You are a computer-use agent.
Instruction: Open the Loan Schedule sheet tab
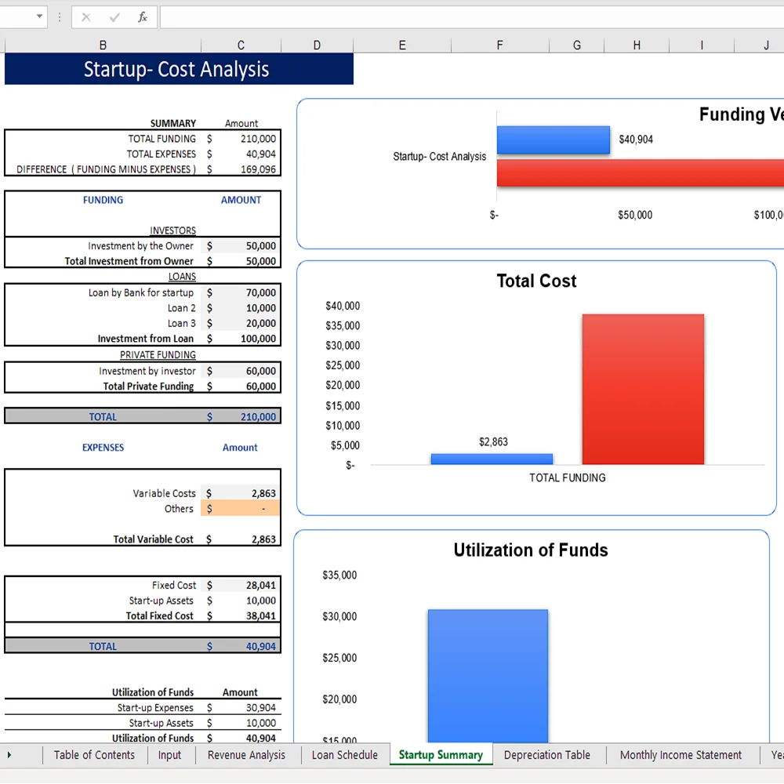[x=344, y=755]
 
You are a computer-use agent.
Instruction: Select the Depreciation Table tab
[x=546, y=755]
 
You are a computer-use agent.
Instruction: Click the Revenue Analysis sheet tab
[x=246, y=755]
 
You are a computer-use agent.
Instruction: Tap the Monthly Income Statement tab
[x=680, y=755]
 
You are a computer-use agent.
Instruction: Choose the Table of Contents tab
[x=94, y=755]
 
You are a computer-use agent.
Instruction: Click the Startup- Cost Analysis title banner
[x=178, y=69]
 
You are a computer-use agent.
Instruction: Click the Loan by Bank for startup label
[x=140, y=292]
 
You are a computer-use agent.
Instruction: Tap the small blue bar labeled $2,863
[x=492, y=459]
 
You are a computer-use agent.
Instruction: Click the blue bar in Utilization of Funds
[x=488, y=674]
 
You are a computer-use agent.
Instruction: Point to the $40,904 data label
[x=636, y=140]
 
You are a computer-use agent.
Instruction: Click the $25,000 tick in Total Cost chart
[x=343, y=365]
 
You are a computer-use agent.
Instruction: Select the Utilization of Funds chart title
[x=531, y=550]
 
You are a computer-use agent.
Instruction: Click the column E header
[x=402, y=45]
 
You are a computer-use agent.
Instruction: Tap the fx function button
[x=142, y=17]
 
